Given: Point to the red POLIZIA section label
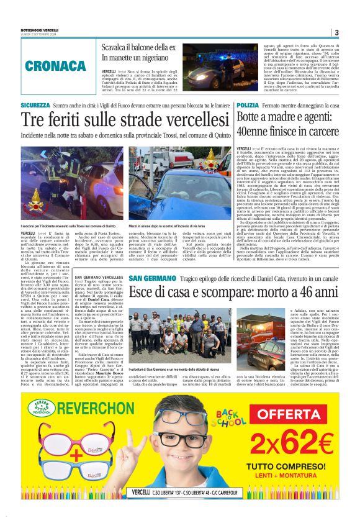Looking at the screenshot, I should coord(246,106).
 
